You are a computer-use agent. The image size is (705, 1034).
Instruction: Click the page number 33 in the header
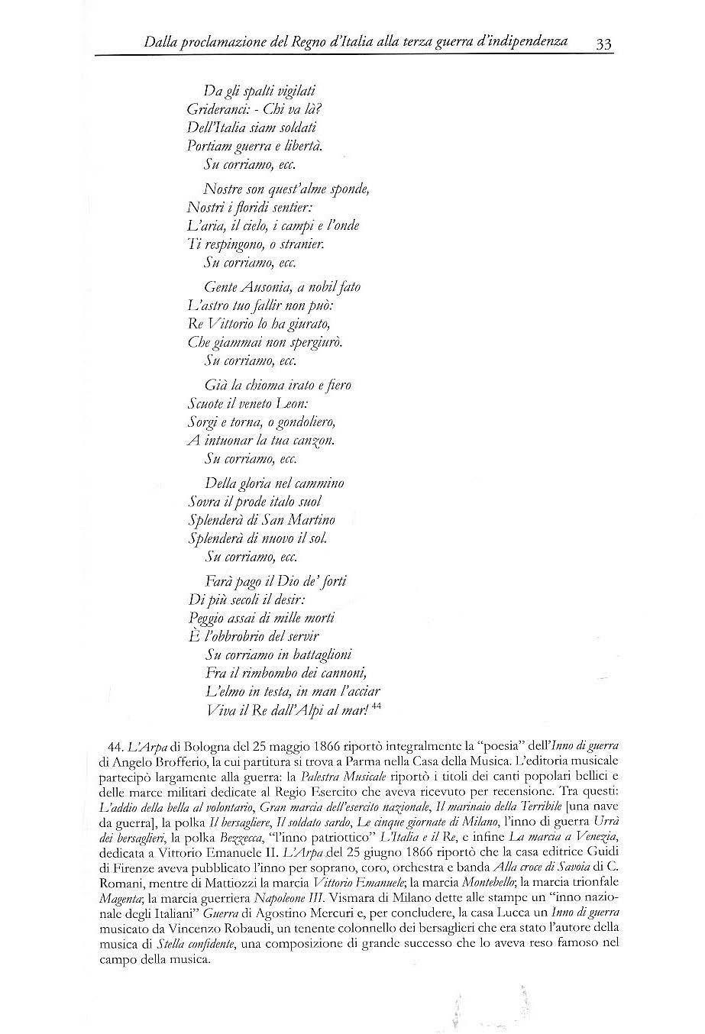[x=603, y=44]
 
